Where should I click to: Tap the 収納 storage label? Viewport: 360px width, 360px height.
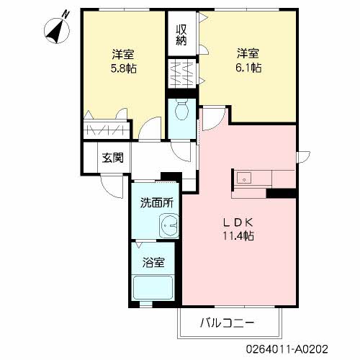point(184,35)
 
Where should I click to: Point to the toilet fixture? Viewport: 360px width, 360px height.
point(181,112)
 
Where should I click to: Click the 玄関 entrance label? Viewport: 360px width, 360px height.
point(112,158)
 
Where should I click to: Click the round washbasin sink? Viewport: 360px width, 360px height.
point(169,226)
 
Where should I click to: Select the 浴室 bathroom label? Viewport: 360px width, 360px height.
point(153,261)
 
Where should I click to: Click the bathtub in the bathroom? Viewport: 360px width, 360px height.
point(155,288)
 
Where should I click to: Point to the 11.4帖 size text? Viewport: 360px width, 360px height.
point(238,235)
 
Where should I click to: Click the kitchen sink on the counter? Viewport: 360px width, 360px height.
point(243,177)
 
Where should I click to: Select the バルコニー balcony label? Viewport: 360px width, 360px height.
point(228,323)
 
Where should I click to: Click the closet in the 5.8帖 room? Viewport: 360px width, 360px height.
point(107,131)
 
